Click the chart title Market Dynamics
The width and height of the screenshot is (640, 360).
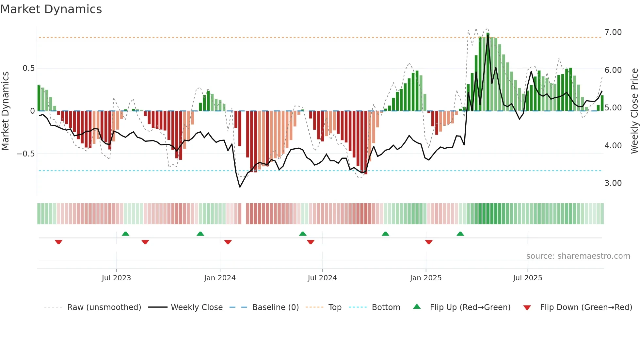coord(51,9)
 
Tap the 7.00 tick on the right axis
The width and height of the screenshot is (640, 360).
coord(613,32)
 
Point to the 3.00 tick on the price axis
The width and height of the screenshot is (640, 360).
coord(613,183)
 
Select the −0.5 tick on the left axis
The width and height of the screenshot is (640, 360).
coord(26,154)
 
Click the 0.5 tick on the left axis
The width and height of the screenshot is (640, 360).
coord(28,68)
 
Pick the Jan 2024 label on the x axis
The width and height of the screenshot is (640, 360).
coord(220,278)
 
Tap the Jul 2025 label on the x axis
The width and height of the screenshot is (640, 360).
coord(527,278)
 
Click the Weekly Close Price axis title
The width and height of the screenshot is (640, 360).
coord(634,111)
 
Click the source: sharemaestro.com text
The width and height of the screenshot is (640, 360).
coord(578,256)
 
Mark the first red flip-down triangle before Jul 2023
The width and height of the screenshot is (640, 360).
coord(58,242)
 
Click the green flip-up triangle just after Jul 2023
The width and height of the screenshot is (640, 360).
coord(125,234)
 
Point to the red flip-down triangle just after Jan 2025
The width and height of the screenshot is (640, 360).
coord(429,242)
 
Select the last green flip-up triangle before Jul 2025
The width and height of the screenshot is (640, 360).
coord(460,234)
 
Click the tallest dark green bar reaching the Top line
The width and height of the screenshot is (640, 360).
coord(488,72)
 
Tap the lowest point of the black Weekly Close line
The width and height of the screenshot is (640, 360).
coord(240,187)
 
